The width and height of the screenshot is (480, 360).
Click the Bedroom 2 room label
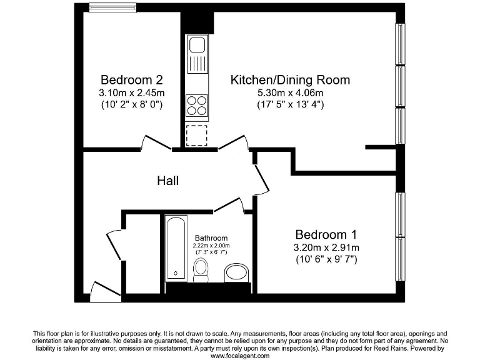(132, 80)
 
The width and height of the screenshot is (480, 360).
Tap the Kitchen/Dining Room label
(290, 80)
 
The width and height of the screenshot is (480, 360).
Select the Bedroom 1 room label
(326, 234)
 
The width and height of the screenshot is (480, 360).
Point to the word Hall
(167, 181)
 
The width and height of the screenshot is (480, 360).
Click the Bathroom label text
(211, 238)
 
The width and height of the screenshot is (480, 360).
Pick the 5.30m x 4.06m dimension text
(290, 93)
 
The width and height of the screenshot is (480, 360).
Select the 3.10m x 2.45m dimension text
(132, 93)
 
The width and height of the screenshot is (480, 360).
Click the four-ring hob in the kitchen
(197, 104)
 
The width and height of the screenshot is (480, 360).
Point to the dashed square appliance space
(196, 135)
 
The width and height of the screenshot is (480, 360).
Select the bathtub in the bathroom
(176, 248)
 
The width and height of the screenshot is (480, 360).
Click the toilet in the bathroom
(201, 269)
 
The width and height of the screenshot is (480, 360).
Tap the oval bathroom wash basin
(236, 272)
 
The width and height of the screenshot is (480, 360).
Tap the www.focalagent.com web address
(240, 356)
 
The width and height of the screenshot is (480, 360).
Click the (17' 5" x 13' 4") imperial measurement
(290, 105)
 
